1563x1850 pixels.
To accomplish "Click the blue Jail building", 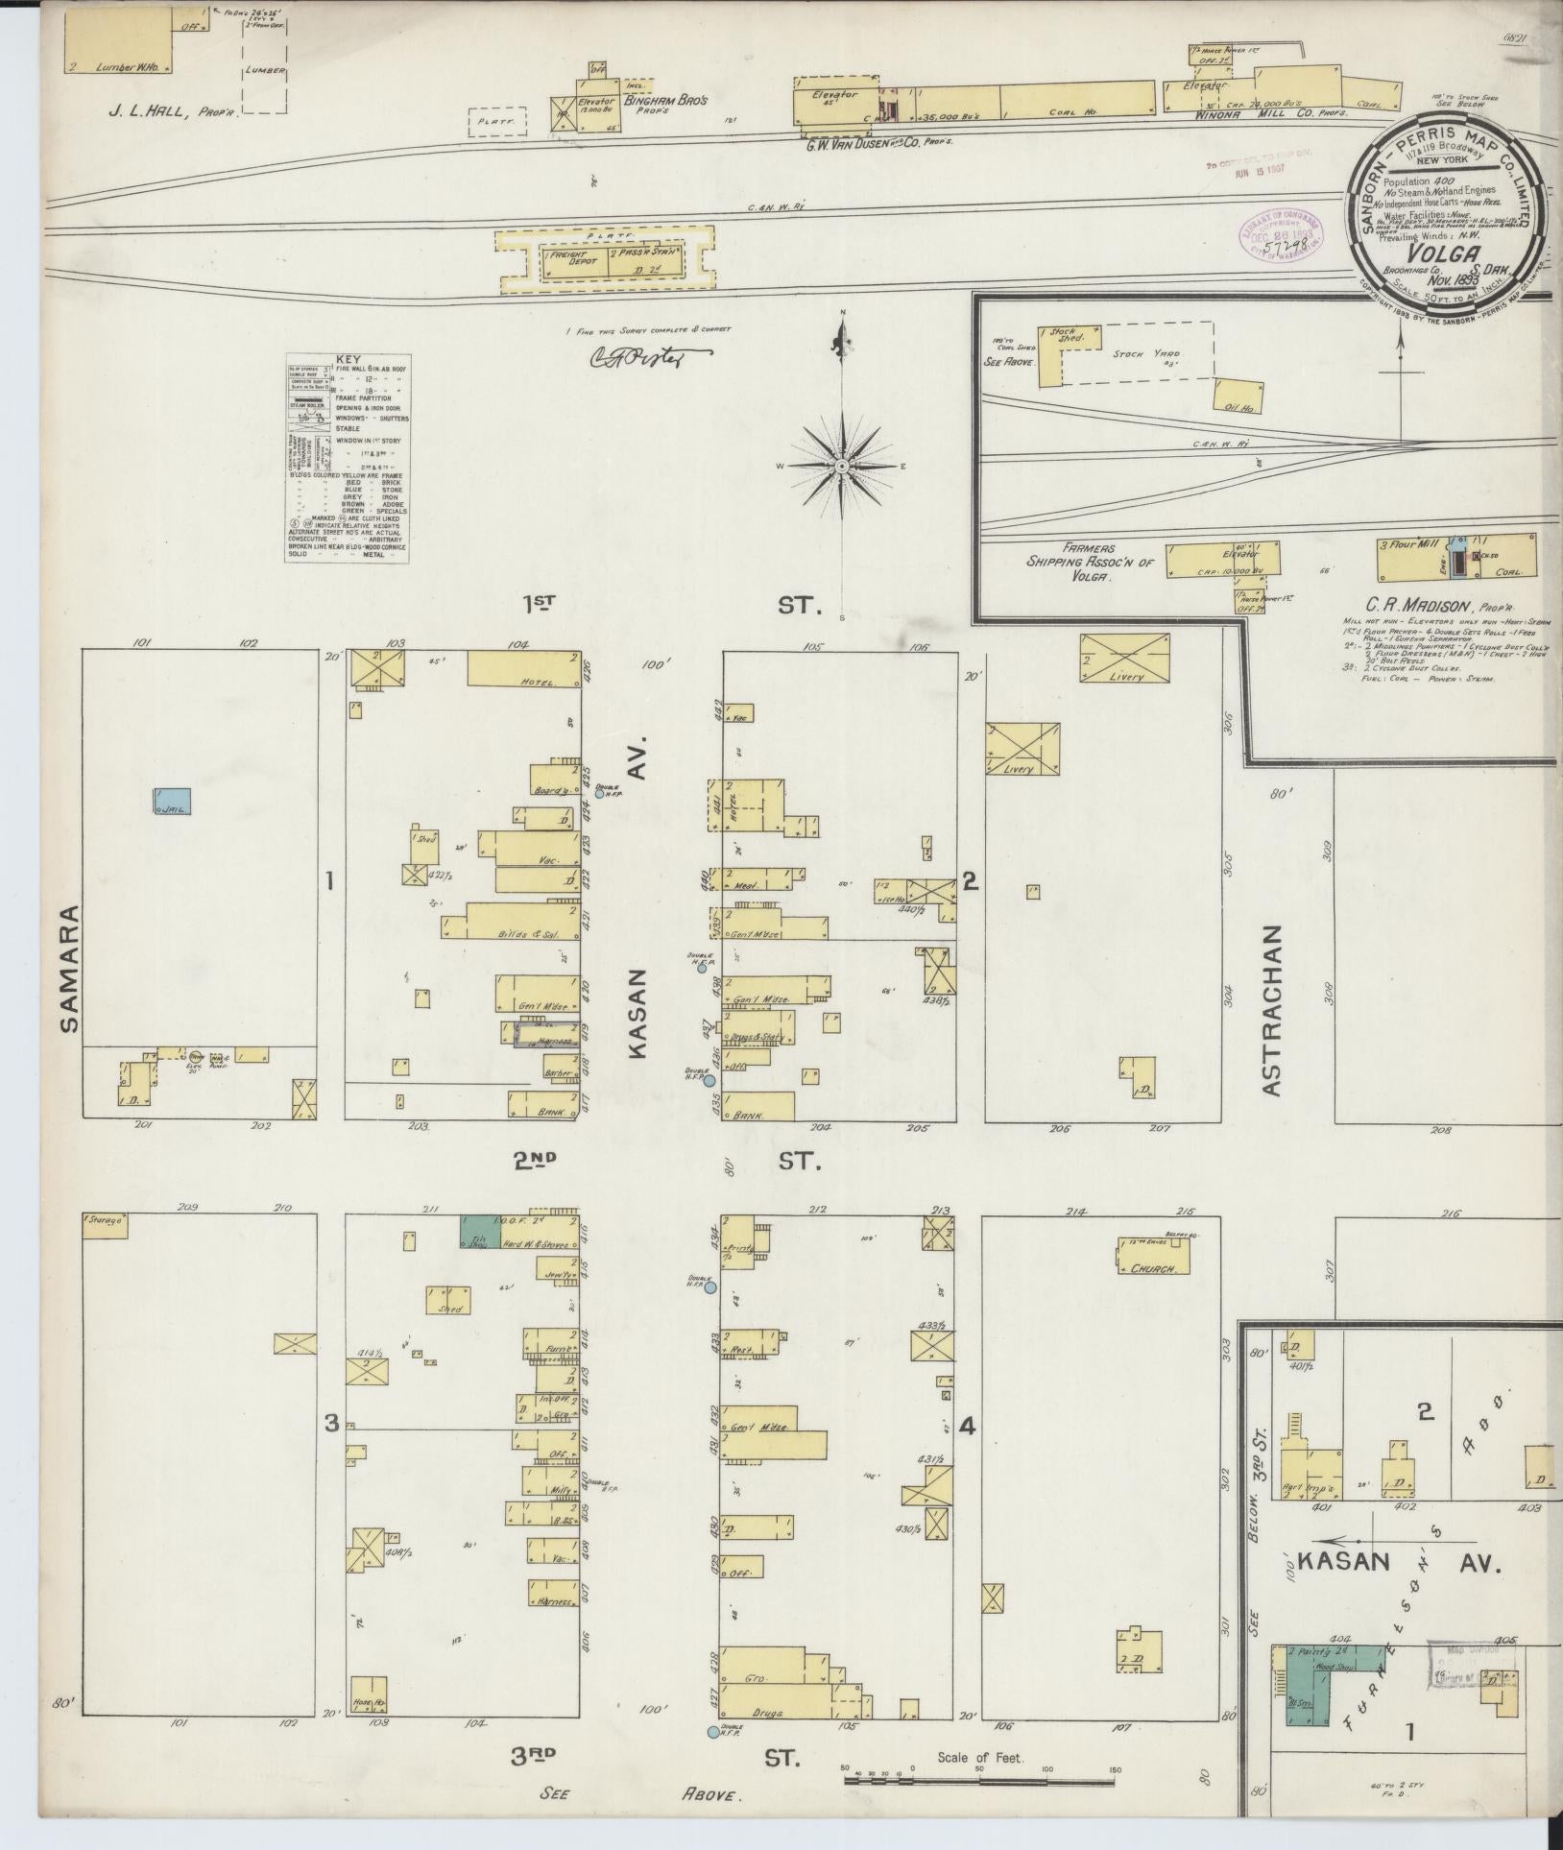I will point(173,802).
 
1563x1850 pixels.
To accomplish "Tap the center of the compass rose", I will point(841,466).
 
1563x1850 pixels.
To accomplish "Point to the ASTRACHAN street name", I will point(1273,1010).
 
